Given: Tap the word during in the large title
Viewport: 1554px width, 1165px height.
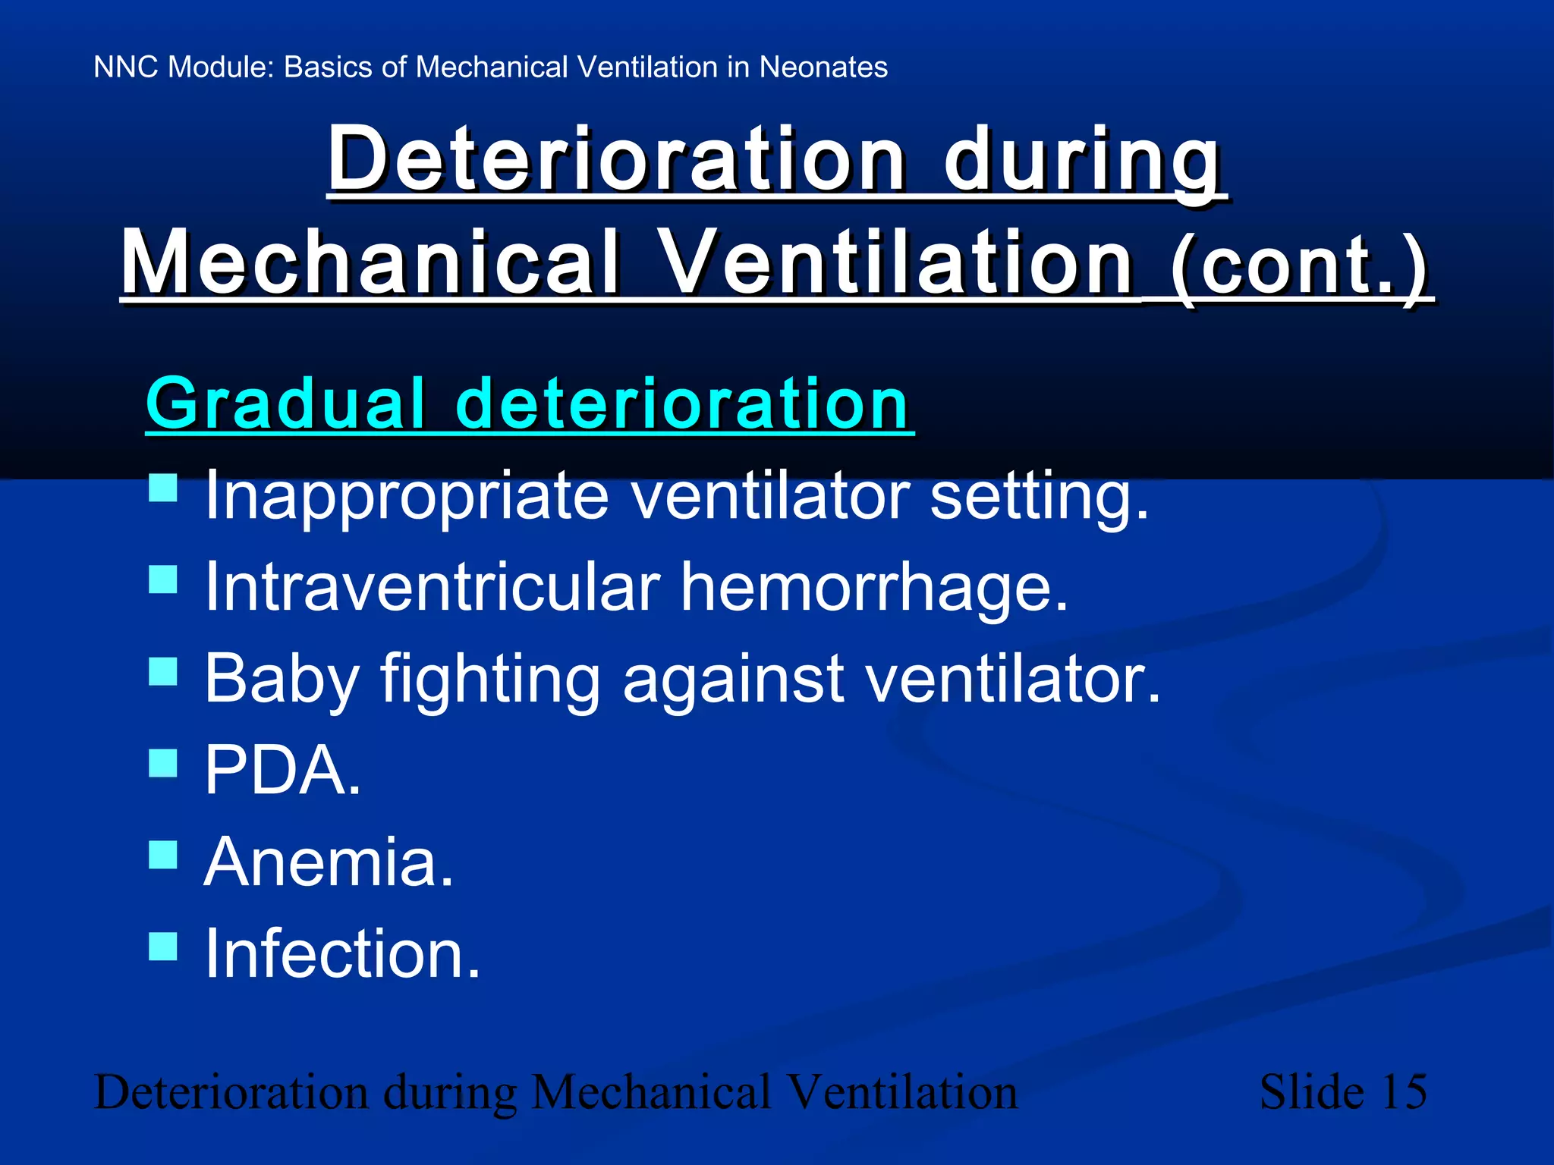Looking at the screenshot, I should (x=1083, y=159).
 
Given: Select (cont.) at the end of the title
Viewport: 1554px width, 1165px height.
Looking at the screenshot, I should (x=1299, y=265).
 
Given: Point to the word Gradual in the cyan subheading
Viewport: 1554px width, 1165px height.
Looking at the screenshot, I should (x=285, y=404).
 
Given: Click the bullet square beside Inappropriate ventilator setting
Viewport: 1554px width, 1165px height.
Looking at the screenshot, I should (x=163, y=488).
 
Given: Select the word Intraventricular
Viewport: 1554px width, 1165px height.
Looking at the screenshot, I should (x=433, y=588).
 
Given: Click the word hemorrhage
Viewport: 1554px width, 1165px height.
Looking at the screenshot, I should (x=873, y=588).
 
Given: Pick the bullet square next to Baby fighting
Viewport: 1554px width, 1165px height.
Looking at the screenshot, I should (x=163, y=671).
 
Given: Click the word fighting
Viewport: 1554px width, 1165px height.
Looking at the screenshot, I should (x=489, y=679).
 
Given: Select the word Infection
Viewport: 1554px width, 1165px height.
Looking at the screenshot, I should (x=341, y=954).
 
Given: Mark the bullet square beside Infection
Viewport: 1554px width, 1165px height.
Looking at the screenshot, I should (x=163, y=946).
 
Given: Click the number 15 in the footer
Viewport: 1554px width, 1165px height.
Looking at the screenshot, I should (x=1404, y=1092).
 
